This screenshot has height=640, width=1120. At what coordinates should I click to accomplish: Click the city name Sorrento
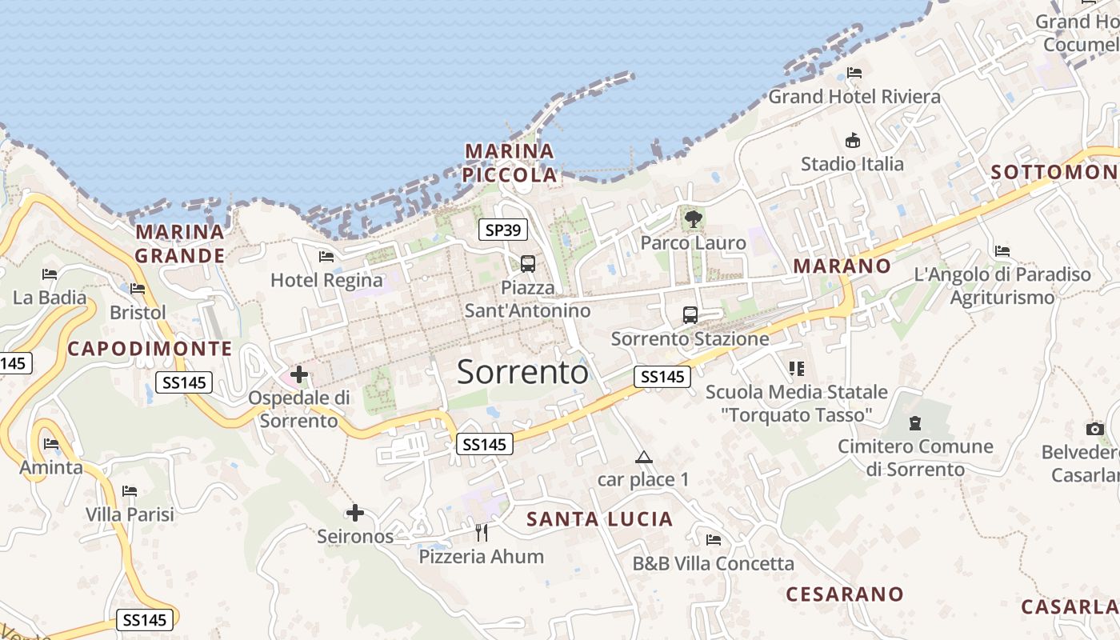point(522,372)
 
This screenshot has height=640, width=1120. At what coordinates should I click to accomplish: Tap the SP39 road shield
point(503,230)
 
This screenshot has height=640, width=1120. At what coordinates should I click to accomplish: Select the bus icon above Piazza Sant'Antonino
point(528,263)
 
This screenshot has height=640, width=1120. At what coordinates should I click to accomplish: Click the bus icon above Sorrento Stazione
point(690,314)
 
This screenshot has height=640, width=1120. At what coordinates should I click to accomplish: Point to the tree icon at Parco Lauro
point(693,218)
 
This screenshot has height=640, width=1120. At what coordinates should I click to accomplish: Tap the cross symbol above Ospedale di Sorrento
point(299,374)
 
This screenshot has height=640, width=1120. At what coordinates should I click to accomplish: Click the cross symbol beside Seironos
point(355,513)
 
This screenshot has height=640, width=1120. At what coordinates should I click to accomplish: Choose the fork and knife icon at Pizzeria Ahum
point(482,532)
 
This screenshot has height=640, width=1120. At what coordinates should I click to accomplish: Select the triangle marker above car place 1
point(643,458)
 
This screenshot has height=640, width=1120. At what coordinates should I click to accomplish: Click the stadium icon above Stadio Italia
point(853,141)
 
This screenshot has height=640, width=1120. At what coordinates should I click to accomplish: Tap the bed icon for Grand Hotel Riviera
point(854,73)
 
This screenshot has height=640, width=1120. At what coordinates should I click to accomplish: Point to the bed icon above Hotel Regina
point(326,257)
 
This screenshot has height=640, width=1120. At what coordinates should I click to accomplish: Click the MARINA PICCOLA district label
point(510,162)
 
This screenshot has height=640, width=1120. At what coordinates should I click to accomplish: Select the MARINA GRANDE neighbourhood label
point(180,244)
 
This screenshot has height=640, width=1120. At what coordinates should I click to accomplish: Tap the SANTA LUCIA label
point(600,519)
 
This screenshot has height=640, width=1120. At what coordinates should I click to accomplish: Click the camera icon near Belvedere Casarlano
point(1095,430)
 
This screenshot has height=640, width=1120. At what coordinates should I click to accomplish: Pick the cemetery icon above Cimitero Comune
point(915,423)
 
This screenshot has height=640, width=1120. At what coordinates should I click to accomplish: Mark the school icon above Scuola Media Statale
point(796,369)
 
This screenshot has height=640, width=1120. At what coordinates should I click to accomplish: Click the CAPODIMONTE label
point(150,349)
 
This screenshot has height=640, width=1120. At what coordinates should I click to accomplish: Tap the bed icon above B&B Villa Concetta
point(714,540)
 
